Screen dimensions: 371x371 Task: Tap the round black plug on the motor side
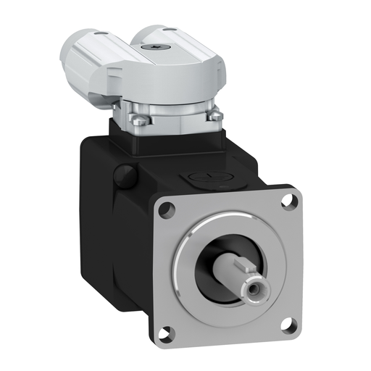click(125, 175)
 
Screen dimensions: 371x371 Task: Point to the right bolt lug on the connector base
click(214, 115)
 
